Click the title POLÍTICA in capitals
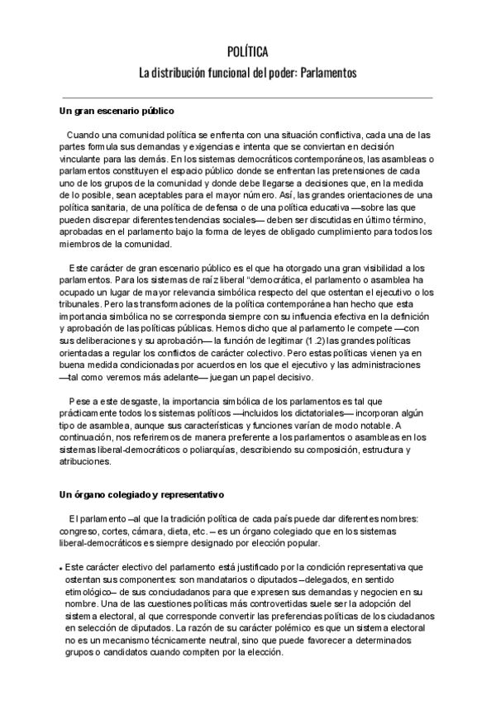click(248, 51)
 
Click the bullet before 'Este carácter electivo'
click(61, 570)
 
